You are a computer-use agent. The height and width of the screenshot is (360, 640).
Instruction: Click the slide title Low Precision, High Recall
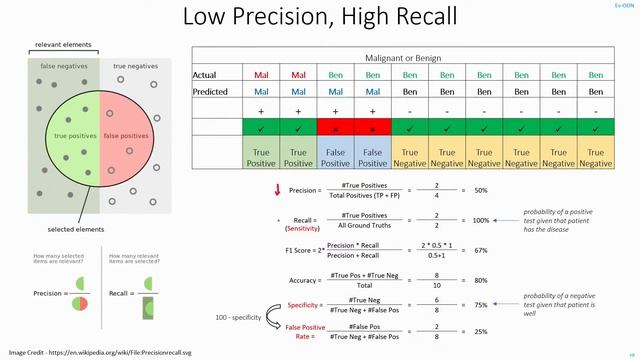click(320, 17)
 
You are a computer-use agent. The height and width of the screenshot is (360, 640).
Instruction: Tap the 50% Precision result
click(480, 190)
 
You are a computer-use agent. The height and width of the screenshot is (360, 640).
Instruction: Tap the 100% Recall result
click(481, 220)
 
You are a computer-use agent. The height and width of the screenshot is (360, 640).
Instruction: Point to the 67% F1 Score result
click(480, 250)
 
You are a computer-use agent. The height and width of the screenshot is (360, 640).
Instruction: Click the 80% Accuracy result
click(480, 280)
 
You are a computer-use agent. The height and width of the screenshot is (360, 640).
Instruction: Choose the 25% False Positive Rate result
click(480, 332)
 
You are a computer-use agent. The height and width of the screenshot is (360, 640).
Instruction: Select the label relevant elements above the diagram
click(63, 45)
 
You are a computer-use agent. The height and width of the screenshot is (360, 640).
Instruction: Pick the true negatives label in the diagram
click(135, 66)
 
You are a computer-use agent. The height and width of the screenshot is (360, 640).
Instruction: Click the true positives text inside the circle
click(74, 135)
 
